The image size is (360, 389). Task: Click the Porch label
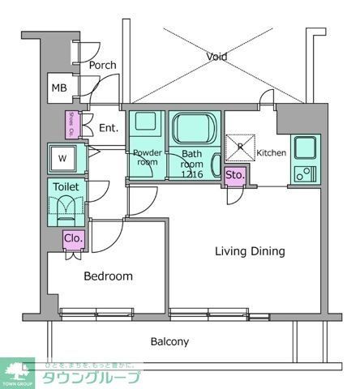[x=102, y=66]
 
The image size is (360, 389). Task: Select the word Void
[x=216, y=57]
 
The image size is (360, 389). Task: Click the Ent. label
[x=108, y=128]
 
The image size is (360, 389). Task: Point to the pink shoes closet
[x=72, y=124]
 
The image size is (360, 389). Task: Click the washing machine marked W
[x=62, y=158]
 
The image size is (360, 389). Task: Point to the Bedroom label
[x=108, y=276]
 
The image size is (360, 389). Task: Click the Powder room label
[x=146, y=156]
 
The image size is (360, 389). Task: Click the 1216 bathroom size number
[x=192, y=174]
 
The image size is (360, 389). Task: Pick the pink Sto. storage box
[x=235, y=175]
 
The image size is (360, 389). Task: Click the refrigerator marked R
[x=240, y=147]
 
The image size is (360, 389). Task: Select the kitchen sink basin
[x=306, y=148]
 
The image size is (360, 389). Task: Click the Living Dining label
[x=250, y=251]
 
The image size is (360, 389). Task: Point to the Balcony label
[x=169, y=341]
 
